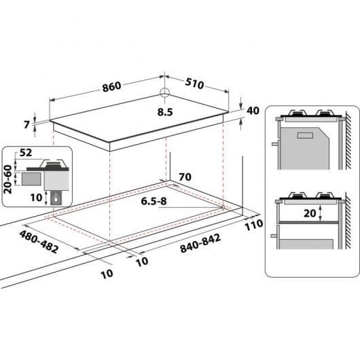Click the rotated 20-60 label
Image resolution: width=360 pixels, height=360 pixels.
click(x=8, y=178)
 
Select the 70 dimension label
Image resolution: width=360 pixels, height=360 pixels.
click(x=184, y=178)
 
